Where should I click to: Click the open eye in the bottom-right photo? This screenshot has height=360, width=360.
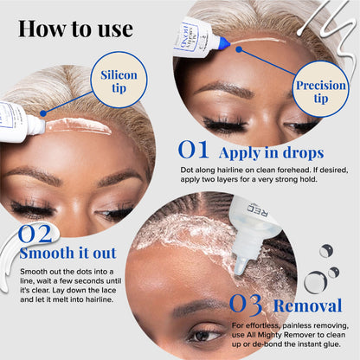pyautogui.click(x=204, y=335)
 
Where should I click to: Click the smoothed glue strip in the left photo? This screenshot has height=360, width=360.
pyautogui.click(x=78, y=126)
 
